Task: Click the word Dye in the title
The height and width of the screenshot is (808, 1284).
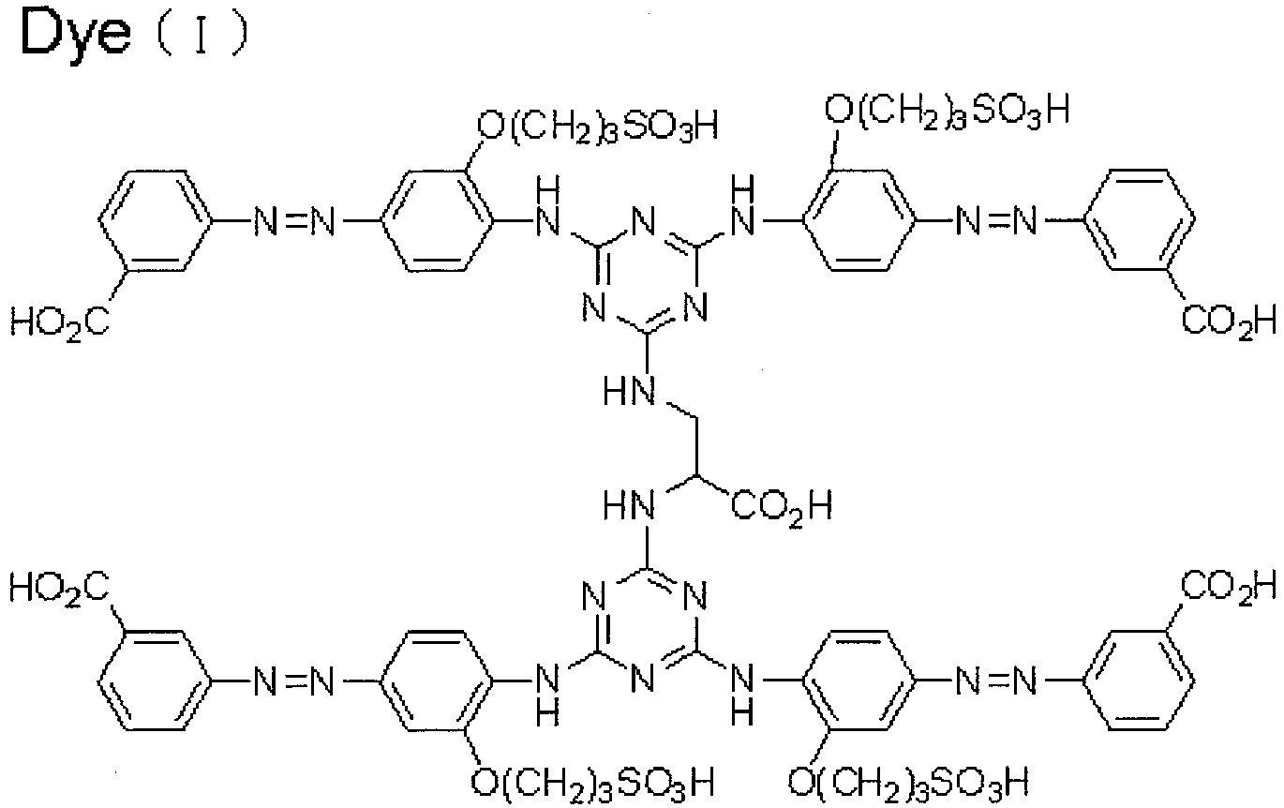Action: pos(76,36)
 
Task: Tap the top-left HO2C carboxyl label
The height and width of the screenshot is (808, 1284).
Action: pos(60,322)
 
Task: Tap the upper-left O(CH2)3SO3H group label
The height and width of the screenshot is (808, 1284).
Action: pos(598,127)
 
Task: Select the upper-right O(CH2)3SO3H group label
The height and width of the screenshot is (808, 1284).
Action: pos(947,112)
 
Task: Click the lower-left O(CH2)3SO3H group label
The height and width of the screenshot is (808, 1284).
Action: pos(592,782)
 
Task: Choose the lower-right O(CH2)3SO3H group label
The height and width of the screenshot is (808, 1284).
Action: pos(908,782)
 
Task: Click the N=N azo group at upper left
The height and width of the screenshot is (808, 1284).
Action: pos(294,221)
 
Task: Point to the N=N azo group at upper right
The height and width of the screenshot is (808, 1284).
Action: pos(997,221)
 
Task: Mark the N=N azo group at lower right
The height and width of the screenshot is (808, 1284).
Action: pos(997,681)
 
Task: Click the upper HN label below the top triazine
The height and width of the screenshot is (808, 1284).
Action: pos(630,392)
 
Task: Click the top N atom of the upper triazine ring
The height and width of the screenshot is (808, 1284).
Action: pos(643,221)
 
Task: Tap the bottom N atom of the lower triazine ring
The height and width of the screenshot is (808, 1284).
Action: pos(643,679)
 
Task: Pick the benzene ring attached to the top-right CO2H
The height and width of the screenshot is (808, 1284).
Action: pos(1140,220)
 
